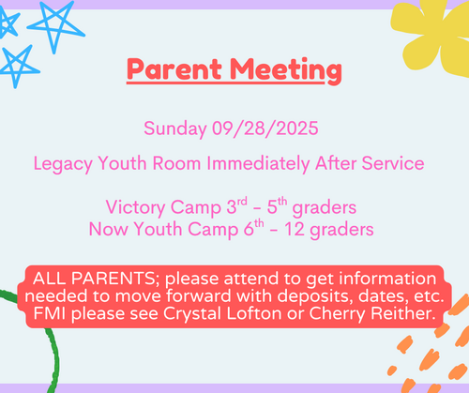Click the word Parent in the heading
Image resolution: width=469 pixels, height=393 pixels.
tap(174, 69)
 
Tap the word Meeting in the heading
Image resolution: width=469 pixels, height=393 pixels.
tap(286, 71)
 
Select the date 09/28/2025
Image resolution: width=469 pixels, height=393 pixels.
tap(265, 128)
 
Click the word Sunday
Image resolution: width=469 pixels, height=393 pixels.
tap(175, 128)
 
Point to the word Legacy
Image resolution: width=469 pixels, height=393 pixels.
tap(63, 164)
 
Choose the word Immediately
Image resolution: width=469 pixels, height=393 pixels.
tap(258, 164)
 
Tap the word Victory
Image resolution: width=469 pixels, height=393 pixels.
tap(135, 207)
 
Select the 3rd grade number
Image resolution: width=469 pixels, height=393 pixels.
tap(236, 205)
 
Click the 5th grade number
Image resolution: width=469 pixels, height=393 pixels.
tap(277, 205)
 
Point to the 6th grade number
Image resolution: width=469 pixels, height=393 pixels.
tap(253, 228)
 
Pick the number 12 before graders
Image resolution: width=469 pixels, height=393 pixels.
tap(295, 229)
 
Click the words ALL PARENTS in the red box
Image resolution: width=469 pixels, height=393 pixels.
tap(94, 278)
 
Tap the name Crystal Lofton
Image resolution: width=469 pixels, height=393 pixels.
tap(222, 313)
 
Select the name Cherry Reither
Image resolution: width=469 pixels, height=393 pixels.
tap(372, 313)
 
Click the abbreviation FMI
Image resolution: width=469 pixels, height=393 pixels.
tap(50, 313)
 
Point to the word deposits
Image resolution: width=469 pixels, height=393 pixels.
tap(315, 296)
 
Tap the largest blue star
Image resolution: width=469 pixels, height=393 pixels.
tap(56, 26)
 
